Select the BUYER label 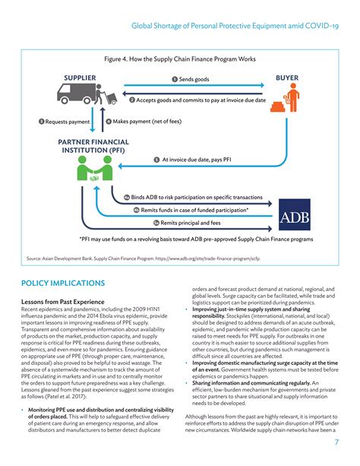point(288,78)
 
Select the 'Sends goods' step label point(193,79)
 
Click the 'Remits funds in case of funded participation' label point(201,209)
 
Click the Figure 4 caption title point(180,59)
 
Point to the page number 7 point(335,443)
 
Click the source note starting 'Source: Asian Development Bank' point(148,258)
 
